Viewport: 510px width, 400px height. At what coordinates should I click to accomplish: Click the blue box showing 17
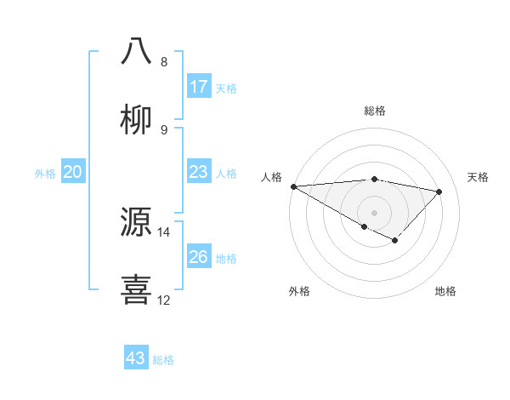point(199,87)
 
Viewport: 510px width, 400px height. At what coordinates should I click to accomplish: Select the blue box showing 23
point(199,172)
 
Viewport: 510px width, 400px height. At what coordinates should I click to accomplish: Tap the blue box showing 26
point(199,257)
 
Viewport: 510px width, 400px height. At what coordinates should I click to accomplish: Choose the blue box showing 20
point(73,172)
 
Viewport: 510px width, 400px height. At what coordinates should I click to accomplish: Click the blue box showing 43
point(136,358)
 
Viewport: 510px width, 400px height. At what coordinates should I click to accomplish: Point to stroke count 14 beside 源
point(164,231)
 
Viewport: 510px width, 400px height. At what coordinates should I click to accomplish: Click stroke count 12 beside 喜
point(164,300)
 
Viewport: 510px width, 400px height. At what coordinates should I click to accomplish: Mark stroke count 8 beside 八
point(164,61)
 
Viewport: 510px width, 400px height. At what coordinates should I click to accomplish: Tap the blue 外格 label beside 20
point(45,173)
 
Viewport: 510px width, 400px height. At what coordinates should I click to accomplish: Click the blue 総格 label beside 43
point(163,359)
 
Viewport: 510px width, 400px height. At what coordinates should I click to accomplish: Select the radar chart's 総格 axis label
point(374,111)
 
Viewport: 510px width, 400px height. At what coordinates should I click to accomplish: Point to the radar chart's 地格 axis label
point(445,291)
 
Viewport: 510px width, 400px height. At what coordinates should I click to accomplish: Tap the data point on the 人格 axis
point(293,186)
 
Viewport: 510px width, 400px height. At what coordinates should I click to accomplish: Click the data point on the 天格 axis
point(439,191)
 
